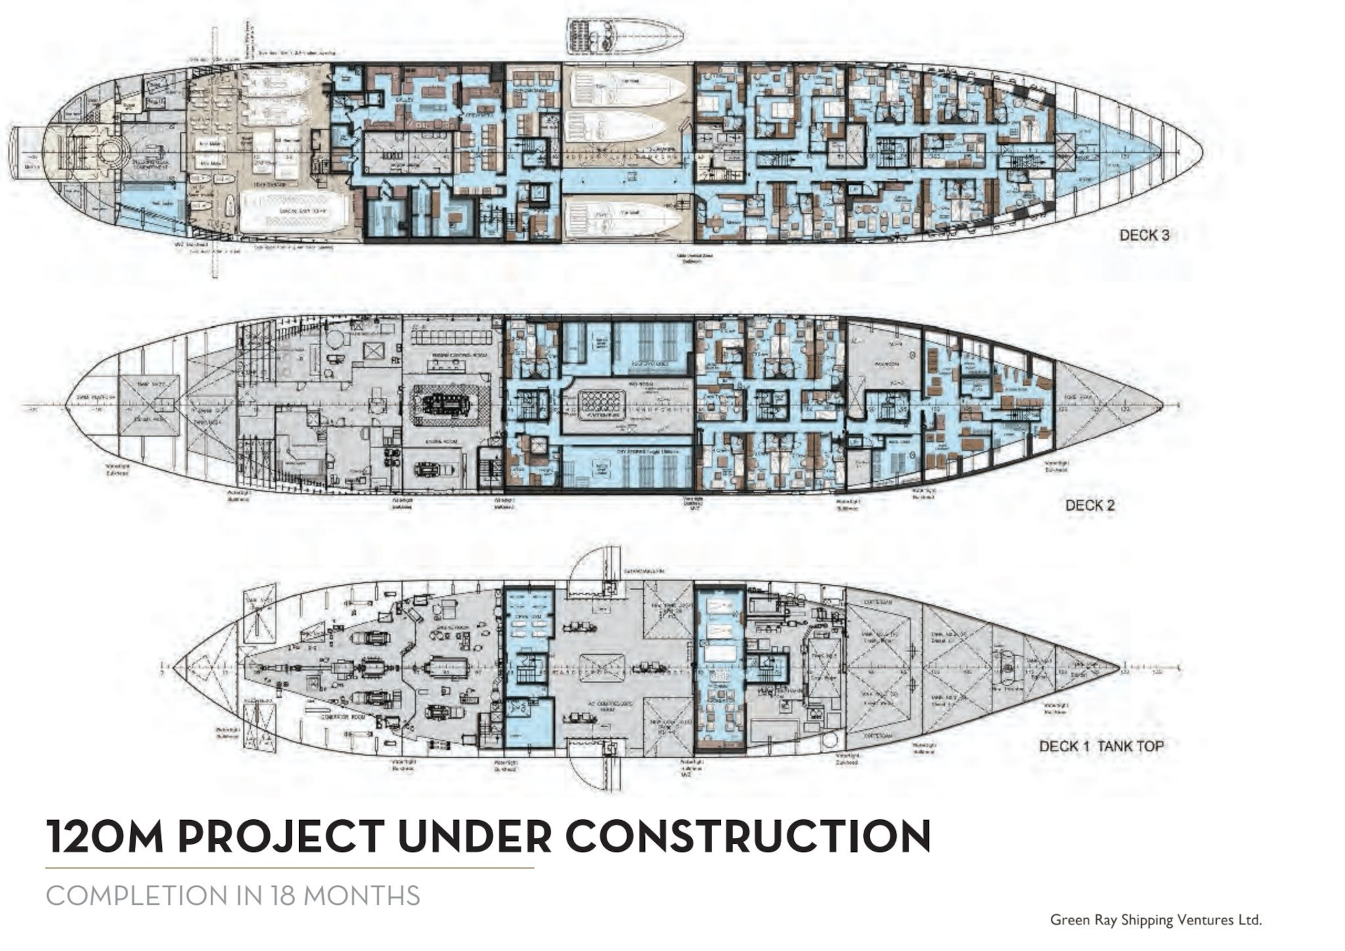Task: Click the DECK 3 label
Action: (1144, 235)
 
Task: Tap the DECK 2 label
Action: (1090, 506)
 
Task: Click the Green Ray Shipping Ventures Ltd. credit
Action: (1155, 920)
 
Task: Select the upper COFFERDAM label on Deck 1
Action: (877, 602)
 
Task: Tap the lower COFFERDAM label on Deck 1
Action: (877, 736)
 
